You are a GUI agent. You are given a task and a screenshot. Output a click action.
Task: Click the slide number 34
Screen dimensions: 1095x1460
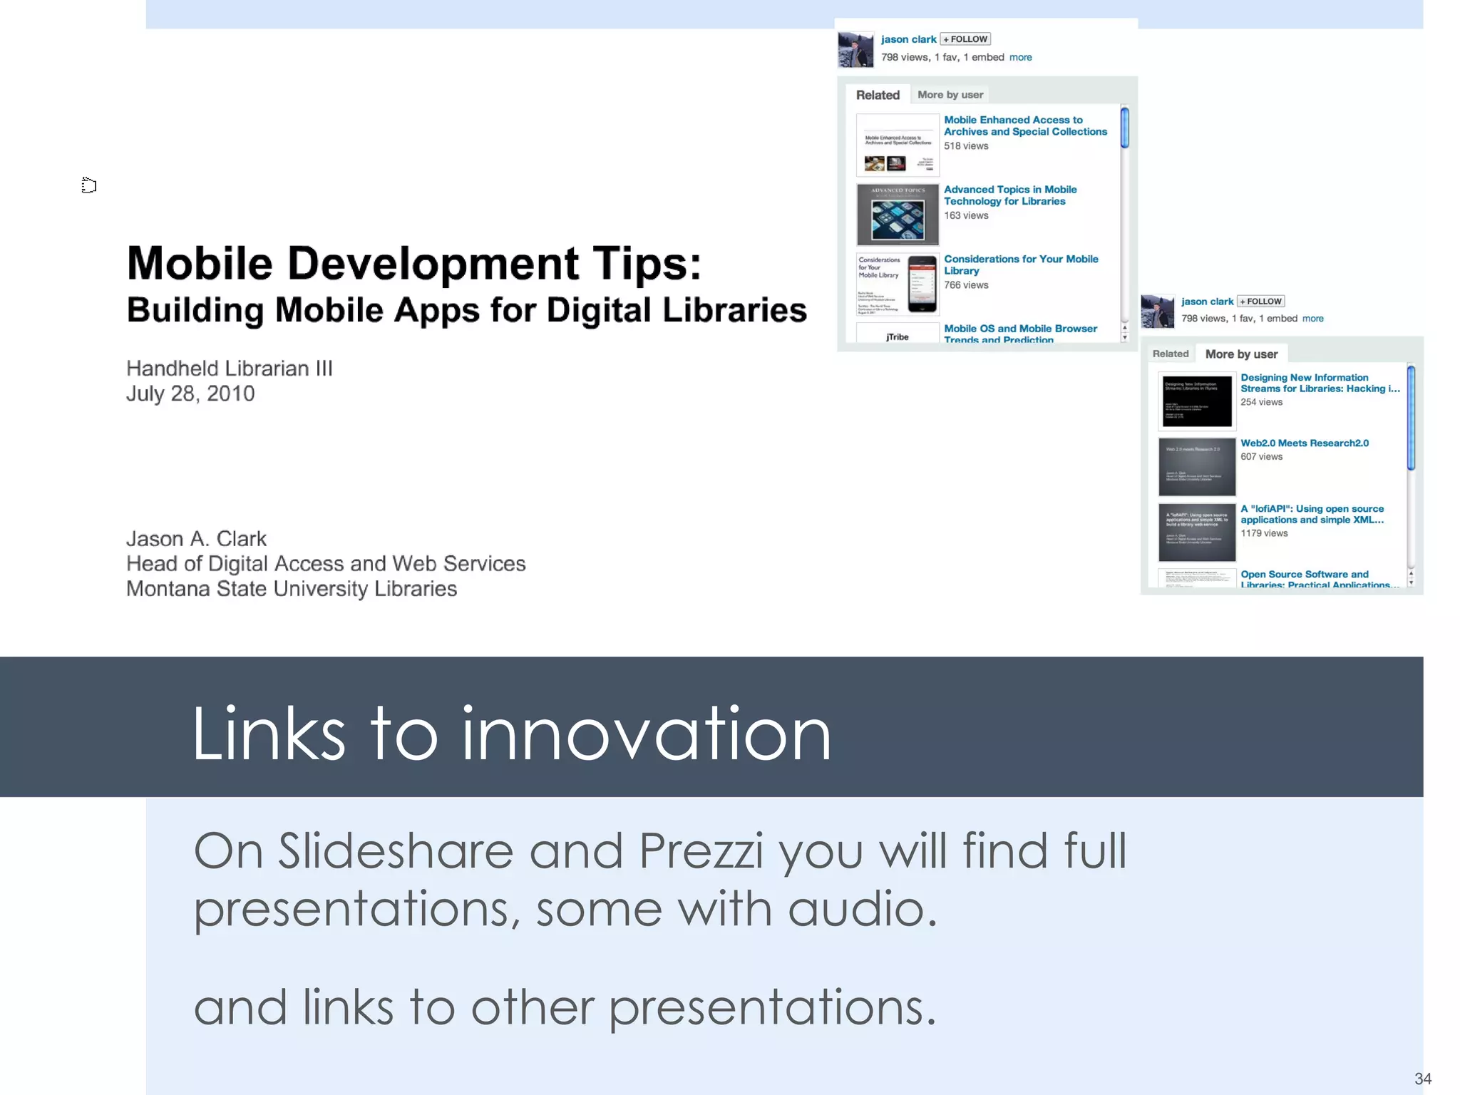point(1422,1079)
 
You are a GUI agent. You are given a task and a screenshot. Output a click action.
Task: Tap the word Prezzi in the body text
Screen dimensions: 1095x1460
point(701,851)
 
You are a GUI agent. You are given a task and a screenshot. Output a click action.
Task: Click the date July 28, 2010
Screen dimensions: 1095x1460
point(190,394)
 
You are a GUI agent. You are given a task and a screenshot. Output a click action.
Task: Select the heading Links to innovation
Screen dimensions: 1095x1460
point(511,734)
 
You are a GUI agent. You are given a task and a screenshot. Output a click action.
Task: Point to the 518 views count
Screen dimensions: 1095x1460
point(966,146)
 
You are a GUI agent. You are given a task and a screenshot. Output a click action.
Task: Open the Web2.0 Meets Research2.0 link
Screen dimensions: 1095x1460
point(1304,443)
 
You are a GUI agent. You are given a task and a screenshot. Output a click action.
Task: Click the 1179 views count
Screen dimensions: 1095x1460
point(1264,533)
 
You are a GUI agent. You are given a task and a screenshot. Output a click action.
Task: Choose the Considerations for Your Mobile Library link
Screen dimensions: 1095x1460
point(1020,264)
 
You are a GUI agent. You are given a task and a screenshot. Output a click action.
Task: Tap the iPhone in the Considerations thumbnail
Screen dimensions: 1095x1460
point(922,284)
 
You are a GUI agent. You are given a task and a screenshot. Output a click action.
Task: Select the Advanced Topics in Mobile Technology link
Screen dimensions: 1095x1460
point(1009,195)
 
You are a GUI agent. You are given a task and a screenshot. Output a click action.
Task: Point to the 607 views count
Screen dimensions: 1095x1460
point(1261,457)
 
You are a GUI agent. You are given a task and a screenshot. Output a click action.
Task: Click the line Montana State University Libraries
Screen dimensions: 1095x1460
point(292,589)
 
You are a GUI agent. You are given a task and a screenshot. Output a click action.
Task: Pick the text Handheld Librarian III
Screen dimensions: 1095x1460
point(230,369)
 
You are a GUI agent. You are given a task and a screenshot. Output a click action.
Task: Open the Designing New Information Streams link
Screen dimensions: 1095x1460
point(1319,384)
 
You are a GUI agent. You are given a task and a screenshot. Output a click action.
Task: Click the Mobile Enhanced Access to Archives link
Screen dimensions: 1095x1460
point(1024,126)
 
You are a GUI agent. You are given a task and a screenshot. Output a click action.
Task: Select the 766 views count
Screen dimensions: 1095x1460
point(966,285)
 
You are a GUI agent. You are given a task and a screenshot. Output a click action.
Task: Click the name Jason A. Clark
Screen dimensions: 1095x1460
point(196,539)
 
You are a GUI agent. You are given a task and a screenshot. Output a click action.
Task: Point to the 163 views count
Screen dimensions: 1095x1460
point(966,216)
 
